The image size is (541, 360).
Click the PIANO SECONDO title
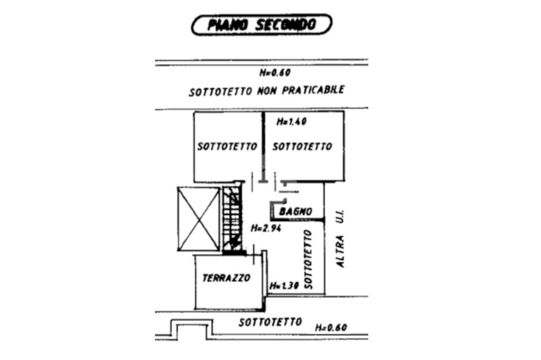tap(262, 25)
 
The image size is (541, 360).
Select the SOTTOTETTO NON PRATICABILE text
tap(267, 91)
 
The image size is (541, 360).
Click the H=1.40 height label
tap(292, 121)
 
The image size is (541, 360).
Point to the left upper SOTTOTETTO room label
tap(227, 146)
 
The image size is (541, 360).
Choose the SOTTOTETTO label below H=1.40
tap(302, 146)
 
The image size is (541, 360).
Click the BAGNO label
tap(296, 212)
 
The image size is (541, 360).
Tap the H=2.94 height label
tap(266, 229)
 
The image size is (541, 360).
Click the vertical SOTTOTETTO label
tap(309, 259)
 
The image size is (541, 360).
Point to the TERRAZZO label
tap(227, 278)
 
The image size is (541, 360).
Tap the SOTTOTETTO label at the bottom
tap(270, 322)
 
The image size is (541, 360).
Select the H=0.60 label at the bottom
tap(331, 328)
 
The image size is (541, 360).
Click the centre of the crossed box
tap(199, 219)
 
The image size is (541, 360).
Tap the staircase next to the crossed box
tap(231, 219)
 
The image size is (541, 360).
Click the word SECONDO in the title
tap(286, 25)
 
